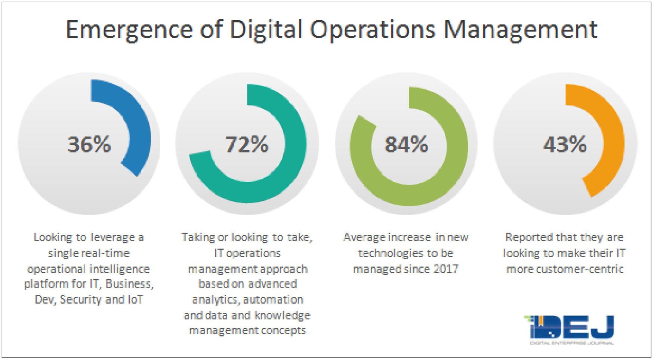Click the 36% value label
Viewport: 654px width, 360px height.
(x=89, y=144)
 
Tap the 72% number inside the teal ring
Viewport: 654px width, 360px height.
(x=247, y=144)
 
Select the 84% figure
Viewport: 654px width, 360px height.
(x=406, y=144)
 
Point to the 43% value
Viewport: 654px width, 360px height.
(x=565, y=144)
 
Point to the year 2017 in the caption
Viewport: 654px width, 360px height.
(x=445, y=269)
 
